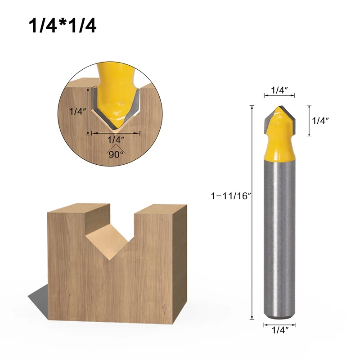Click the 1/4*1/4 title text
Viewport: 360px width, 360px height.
click(x=62, y=26)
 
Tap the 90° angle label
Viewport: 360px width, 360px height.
click(x=116, y=154)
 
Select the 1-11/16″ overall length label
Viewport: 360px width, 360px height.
click(x=230, y=196)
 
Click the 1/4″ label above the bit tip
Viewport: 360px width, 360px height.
click(x=279, y=90)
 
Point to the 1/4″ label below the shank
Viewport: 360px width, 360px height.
click(x=280, y=330)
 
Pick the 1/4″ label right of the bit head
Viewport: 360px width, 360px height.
click(x=320, y=121)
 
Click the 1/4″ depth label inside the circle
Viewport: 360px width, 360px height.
click(x=78, y=111)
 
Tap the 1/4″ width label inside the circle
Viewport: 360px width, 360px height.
click(x=116, y=139)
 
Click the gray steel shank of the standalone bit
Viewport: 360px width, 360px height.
click(x=279, y=239)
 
